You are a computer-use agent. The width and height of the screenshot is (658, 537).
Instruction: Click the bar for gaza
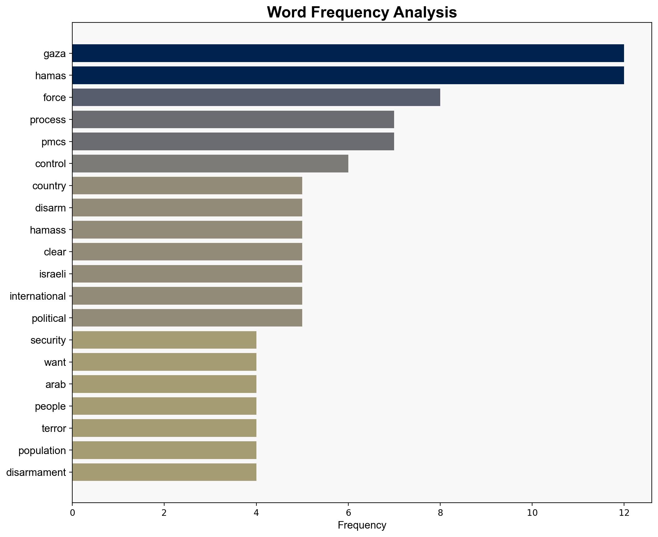click(x=348, y=53)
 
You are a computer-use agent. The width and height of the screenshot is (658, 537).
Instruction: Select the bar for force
click(x=256, y=97)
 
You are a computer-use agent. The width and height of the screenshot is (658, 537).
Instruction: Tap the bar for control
click(x=210, y=163)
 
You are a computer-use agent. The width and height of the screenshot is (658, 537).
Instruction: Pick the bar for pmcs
click(x=233, y=142)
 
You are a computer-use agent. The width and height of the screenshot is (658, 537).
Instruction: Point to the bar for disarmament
click(x=164, y=472)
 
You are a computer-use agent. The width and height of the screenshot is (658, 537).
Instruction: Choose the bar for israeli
click(x=187, y=274)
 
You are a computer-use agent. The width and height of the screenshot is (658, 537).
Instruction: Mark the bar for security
click(x=164, y=340)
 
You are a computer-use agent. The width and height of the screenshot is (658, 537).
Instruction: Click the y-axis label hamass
click(x=48, y=230)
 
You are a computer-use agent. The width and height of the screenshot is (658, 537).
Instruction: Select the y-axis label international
click(x=38, y=296)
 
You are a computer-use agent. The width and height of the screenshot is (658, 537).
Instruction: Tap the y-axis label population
click(x=42, y=451)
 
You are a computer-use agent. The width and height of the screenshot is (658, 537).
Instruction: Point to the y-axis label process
click(x=48, y=120)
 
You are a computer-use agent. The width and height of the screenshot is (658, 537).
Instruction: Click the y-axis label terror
click(x=54, y=428)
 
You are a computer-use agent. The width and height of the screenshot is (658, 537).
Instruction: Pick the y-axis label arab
click(x=55, y=385)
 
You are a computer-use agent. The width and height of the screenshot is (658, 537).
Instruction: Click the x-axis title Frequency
click(x=362, y=525)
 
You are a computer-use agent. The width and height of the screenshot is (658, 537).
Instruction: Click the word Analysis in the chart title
click(x=425, y=12)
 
